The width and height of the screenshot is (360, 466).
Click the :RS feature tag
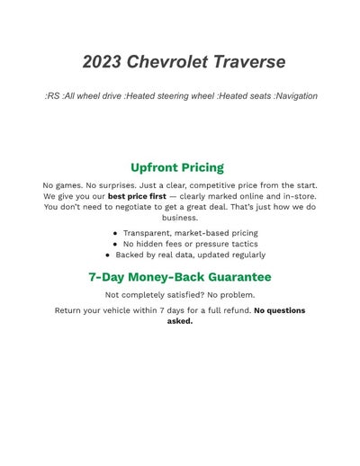[x=52, y=96]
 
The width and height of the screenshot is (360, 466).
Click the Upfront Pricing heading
[x=177, y=167]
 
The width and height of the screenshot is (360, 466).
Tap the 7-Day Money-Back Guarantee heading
[x=180, y=277]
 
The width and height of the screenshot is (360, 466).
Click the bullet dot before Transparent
[x=116, y=233]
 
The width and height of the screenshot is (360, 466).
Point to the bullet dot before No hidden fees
[x=116, y=244]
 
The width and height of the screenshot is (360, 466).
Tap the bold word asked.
[x=180, y=321]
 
